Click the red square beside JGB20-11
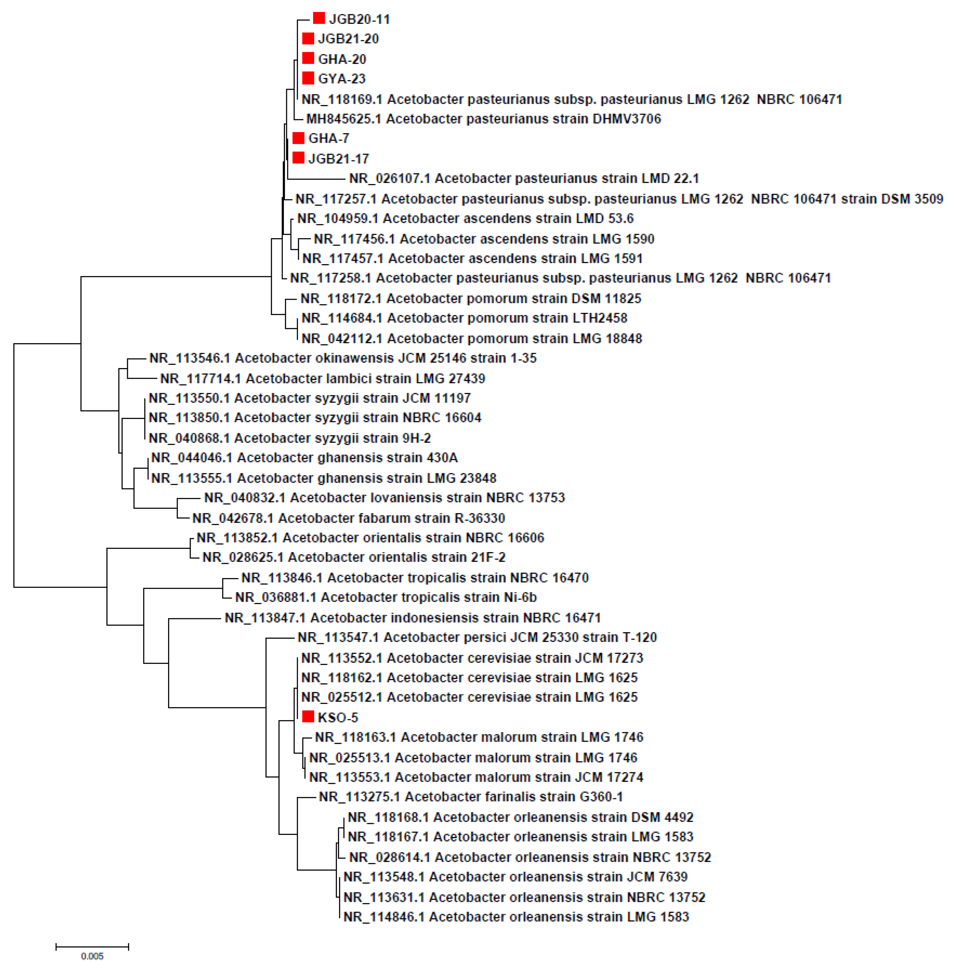click(x=319, y=19)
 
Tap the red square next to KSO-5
click(x=308, y=717)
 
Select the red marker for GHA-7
click(x=298, y=138)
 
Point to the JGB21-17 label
click(x=338, y=159)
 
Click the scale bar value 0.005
click(x=92, y=956)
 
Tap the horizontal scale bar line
click(x=92, y=946)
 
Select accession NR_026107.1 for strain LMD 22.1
click(x=389, y=179)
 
